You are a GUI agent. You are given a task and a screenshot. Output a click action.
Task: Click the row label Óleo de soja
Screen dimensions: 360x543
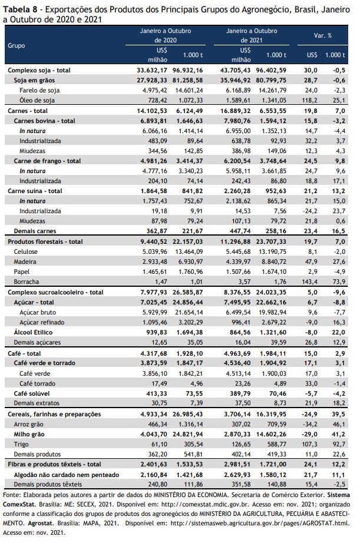37,100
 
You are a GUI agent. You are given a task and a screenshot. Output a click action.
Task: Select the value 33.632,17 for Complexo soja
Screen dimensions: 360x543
152,70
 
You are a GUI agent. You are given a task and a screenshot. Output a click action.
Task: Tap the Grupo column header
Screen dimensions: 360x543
16,45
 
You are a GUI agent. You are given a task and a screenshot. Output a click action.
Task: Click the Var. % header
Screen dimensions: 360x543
322,35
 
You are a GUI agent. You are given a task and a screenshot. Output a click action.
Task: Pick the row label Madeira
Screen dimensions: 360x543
25,261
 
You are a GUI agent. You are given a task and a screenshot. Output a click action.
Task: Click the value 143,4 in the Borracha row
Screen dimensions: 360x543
309,282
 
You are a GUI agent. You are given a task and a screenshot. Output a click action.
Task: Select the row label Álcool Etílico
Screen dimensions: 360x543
33,332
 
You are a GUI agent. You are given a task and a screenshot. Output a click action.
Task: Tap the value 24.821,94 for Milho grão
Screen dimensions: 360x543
189,434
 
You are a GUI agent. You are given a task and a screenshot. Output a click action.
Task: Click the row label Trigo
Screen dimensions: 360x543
21,444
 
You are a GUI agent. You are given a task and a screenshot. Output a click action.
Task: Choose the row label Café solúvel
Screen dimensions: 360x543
32,393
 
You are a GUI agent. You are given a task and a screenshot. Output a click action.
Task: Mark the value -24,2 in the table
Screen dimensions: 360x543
309,211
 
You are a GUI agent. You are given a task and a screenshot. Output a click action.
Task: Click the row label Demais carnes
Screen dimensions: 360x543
35,231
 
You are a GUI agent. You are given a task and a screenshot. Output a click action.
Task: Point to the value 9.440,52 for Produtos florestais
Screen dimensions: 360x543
154,241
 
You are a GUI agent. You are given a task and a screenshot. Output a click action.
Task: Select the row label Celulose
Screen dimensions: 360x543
26,251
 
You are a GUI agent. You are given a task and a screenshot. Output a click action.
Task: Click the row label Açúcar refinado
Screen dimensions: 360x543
42,322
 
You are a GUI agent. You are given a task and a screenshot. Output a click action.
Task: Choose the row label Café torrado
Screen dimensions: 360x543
37,383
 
